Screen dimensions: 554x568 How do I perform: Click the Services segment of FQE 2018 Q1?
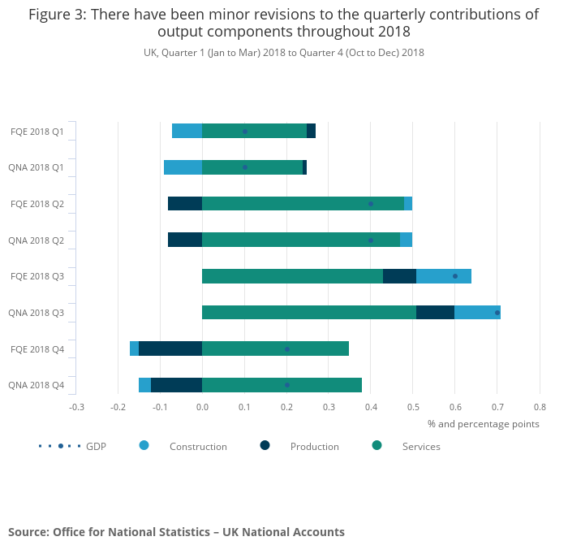254,131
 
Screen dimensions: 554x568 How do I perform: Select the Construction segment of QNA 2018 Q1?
183,167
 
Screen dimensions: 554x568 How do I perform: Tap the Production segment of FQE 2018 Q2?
185,203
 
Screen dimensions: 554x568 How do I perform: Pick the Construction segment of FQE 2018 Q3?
444,276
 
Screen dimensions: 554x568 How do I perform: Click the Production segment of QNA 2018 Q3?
435,312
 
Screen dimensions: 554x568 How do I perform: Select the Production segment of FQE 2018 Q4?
170,348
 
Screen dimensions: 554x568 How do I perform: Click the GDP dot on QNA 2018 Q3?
497,312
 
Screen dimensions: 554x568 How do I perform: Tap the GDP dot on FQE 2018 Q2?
371,204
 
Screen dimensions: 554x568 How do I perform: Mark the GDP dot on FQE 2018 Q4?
286,349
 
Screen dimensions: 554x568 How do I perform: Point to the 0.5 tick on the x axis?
412,408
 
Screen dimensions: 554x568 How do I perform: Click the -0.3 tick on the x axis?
76,408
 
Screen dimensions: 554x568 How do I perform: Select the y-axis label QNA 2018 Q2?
37,240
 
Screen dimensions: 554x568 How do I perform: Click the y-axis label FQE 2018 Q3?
37,276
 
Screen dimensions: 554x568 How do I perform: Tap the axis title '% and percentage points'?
484,423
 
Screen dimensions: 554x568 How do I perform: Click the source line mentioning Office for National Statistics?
176,532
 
